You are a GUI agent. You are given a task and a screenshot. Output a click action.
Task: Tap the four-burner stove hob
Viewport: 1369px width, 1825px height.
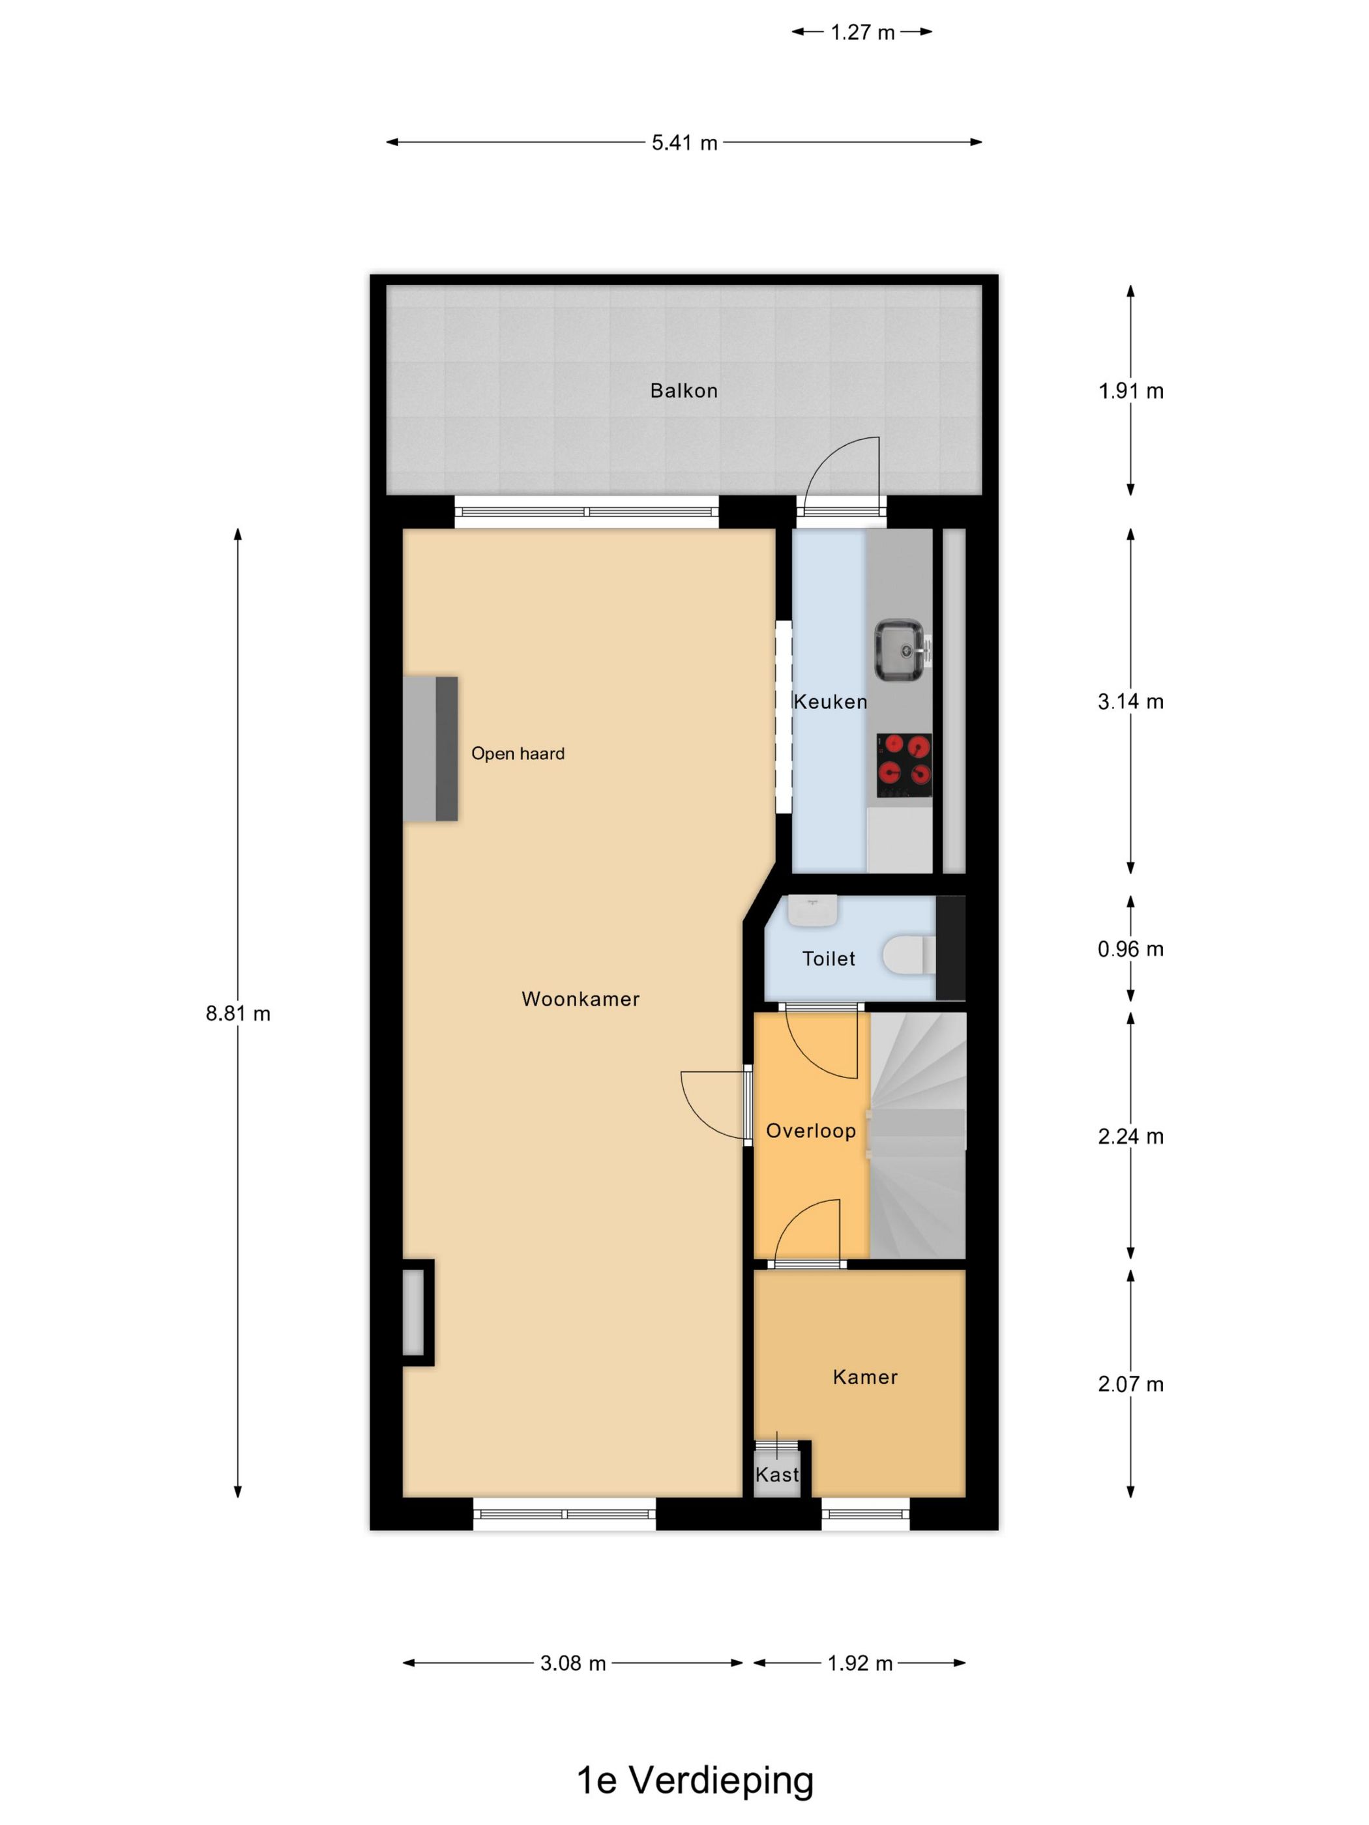[904, 763]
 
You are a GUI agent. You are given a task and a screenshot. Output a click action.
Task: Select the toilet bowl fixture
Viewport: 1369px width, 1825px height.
[907, 956]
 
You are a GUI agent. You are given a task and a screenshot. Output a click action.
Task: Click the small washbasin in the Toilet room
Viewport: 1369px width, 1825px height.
[812, 909]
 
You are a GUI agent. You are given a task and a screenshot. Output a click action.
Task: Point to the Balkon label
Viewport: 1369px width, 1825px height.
[683, 390]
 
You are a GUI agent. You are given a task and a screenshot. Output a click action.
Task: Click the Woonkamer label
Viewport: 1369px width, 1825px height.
[580, 999]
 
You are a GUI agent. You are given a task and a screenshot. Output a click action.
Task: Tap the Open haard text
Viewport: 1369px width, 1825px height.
[518, 753]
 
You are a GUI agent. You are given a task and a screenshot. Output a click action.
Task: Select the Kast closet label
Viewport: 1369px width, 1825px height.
[776, 1474]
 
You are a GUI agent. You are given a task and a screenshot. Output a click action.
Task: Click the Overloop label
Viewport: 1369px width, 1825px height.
[810, 1130]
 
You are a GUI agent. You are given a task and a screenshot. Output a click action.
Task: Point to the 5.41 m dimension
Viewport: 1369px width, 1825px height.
[684, 143]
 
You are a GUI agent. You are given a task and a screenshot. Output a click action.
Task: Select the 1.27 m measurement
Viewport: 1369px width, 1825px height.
[862, 32]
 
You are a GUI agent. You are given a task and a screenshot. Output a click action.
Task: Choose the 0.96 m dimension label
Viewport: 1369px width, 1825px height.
[1130, 949]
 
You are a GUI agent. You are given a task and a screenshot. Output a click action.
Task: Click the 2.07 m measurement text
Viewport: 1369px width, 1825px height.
[1130, 1384]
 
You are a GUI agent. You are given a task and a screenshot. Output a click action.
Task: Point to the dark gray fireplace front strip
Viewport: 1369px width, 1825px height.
[447, 748]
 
